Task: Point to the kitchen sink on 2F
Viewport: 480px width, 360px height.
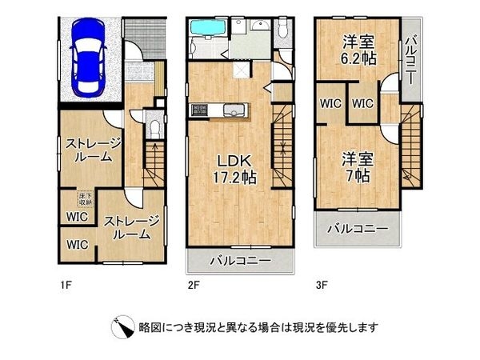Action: click(x=230, y=110)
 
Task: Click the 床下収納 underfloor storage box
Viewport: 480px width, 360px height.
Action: click(x=84, y=198)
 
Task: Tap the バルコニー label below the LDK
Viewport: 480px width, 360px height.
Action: click(x=240, y=261)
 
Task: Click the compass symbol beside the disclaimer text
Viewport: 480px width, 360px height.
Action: click(x=126, y=327)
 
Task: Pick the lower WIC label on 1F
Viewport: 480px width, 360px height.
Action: click(x=78, y=244)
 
